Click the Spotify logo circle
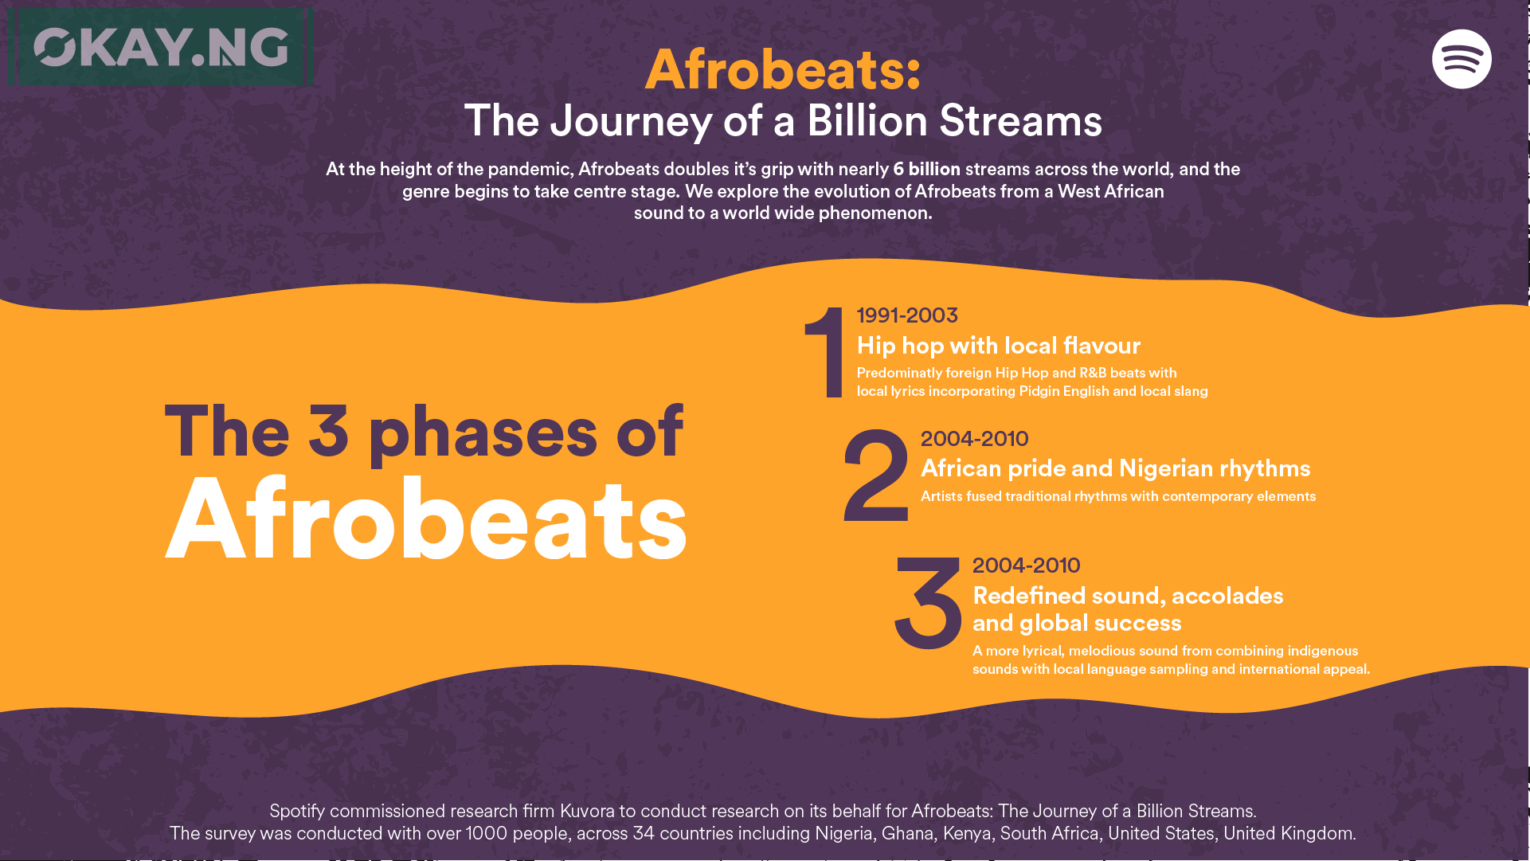click(1462, 59)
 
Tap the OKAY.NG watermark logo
click(161, 47)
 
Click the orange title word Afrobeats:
click(783, 69)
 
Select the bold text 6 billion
click(926, 169)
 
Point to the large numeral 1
click(825, 352)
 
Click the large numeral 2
click(875, 475)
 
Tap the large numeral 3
click(927, 602)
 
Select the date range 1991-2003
click(907, 315)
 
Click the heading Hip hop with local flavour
click(999, 346)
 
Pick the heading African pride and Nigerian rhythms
click(1116, 468)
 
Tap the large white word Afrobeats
click(426, 519)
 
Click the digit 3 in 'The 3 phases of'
click(328, 432)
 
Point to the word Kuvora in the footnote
click(587, 811)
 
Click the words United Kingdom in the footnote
click(1289, 833)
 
